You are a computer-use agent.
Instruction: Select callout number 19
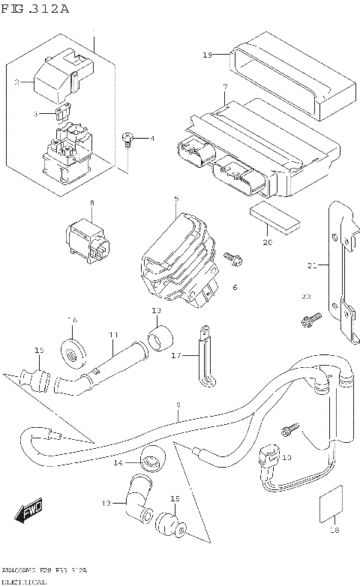pos(208,55)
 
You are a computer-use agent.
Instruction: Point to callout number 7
pos(224,88)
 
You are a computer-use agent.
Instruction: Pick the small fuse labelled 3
pos(64,112)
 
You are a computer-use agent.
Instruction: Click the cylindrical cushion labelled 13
pos(159,339)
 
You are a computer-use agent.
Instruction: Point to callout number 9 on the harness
pos(178,405)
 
